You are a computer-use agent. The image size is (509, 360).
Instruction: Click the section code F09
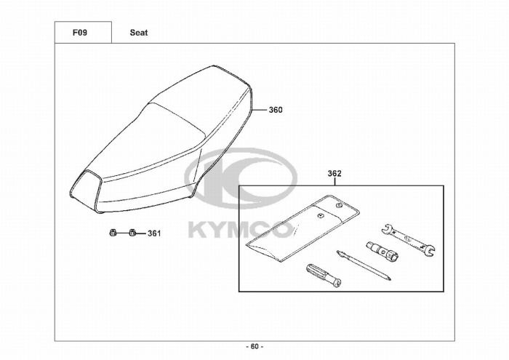point(80,33)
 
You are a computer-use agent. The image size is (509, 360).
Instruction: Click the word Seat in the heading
point(139,33)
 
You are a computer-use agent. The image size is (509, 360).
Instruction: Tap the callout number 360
point(276,110)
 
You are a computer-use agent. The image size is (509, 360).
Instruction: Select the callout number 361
point(154,233)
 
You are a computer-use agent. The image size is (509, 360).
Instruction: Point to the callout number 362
point(334,174)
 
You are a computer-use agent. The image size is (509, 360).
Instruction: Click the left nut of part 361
point(112,233)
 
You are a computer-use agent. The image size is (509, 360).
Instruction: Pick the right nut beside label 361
point(132,233)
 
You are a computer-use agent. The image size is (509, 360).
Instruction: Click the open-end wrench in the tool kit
point(408,239)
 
